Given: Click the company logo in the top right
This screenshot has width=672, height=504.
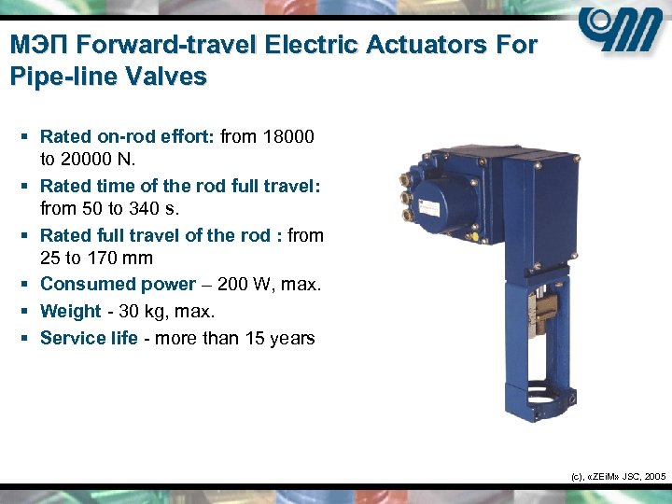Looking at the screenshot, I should (x=620, y=32).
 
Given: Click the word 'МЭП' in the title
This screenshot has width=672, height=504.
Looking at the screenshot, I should (x=38, y=44).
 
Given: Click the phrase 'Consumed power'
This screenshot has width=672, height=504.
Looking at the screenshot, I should (x=118, y=284).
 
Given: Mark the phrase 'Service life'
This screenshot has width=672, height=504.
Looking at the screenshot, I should (x=89, y=338).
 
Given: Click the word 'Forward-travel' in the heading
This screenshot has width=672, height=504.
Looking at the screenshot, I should (x=169, y=44).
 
